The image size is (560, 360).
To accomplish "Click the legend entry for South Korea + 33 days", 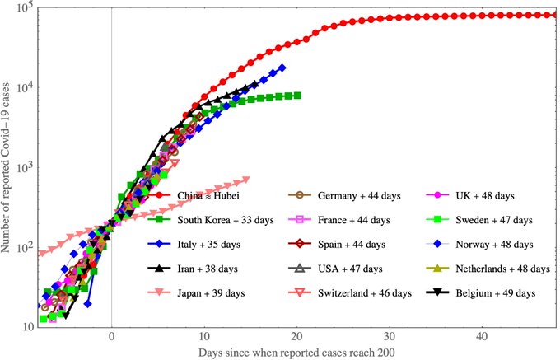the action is pos(226,220).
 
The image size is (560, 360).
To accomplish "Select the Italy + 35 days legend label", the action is pos(208,245).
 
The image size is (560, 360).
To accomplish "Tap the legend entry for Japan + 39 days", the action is pos(211,293).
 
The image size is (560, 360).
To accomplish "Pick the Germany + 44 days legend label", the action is pos(359,196).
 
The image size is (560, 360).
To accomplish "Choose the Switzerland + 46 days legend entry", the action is pos(365,293).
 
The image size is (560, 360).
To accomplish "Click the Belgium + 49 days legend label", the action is pos(496,293).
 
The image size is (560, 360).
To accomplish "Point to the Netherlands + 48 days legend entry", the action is pos(502,269).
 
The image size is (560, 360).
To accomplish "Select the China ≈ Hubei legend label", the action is pos(208,196).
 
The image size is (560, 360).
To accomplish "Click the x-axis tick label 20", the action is pos(296,336).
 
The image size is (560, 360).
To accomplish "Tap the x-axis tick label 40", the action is pos(482,336).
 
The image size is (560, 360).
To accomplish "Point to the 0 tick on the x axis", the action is pos(112,336).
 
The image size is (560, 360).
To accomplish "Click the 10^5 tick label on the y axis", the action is pos(25,7).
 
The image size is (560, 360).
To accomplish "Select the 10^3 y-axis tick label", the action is pos(25,167).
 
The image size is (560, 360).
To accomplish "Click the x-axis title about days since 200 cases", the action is pos(296,353).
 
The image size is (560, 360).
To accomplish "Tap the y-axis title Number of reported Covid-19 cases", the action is pos(6,168).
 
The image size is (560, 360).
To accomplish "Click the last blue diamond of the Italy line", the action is pos(282,68).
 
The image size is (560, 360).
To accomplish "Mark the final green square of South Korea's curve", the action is pos(297,96).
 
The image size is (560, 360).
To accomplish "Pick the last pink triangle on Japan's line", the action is pos(246,180).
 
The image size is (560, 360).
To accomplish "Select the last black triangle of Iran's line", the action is pos(254,85).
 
